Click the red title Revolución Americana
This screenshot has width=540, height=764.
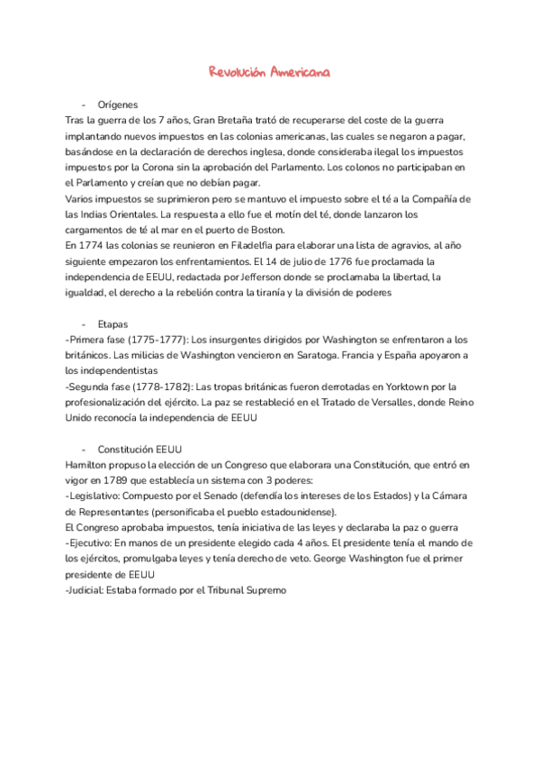click(x=269, y=72)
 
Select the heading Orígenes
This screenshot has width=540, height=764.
click(x=117, y=105)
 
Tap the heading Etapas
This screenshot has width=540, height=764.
click(x=112, y=323)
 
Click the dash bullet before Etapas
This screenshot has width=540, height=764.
click(x=83, y=323)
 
